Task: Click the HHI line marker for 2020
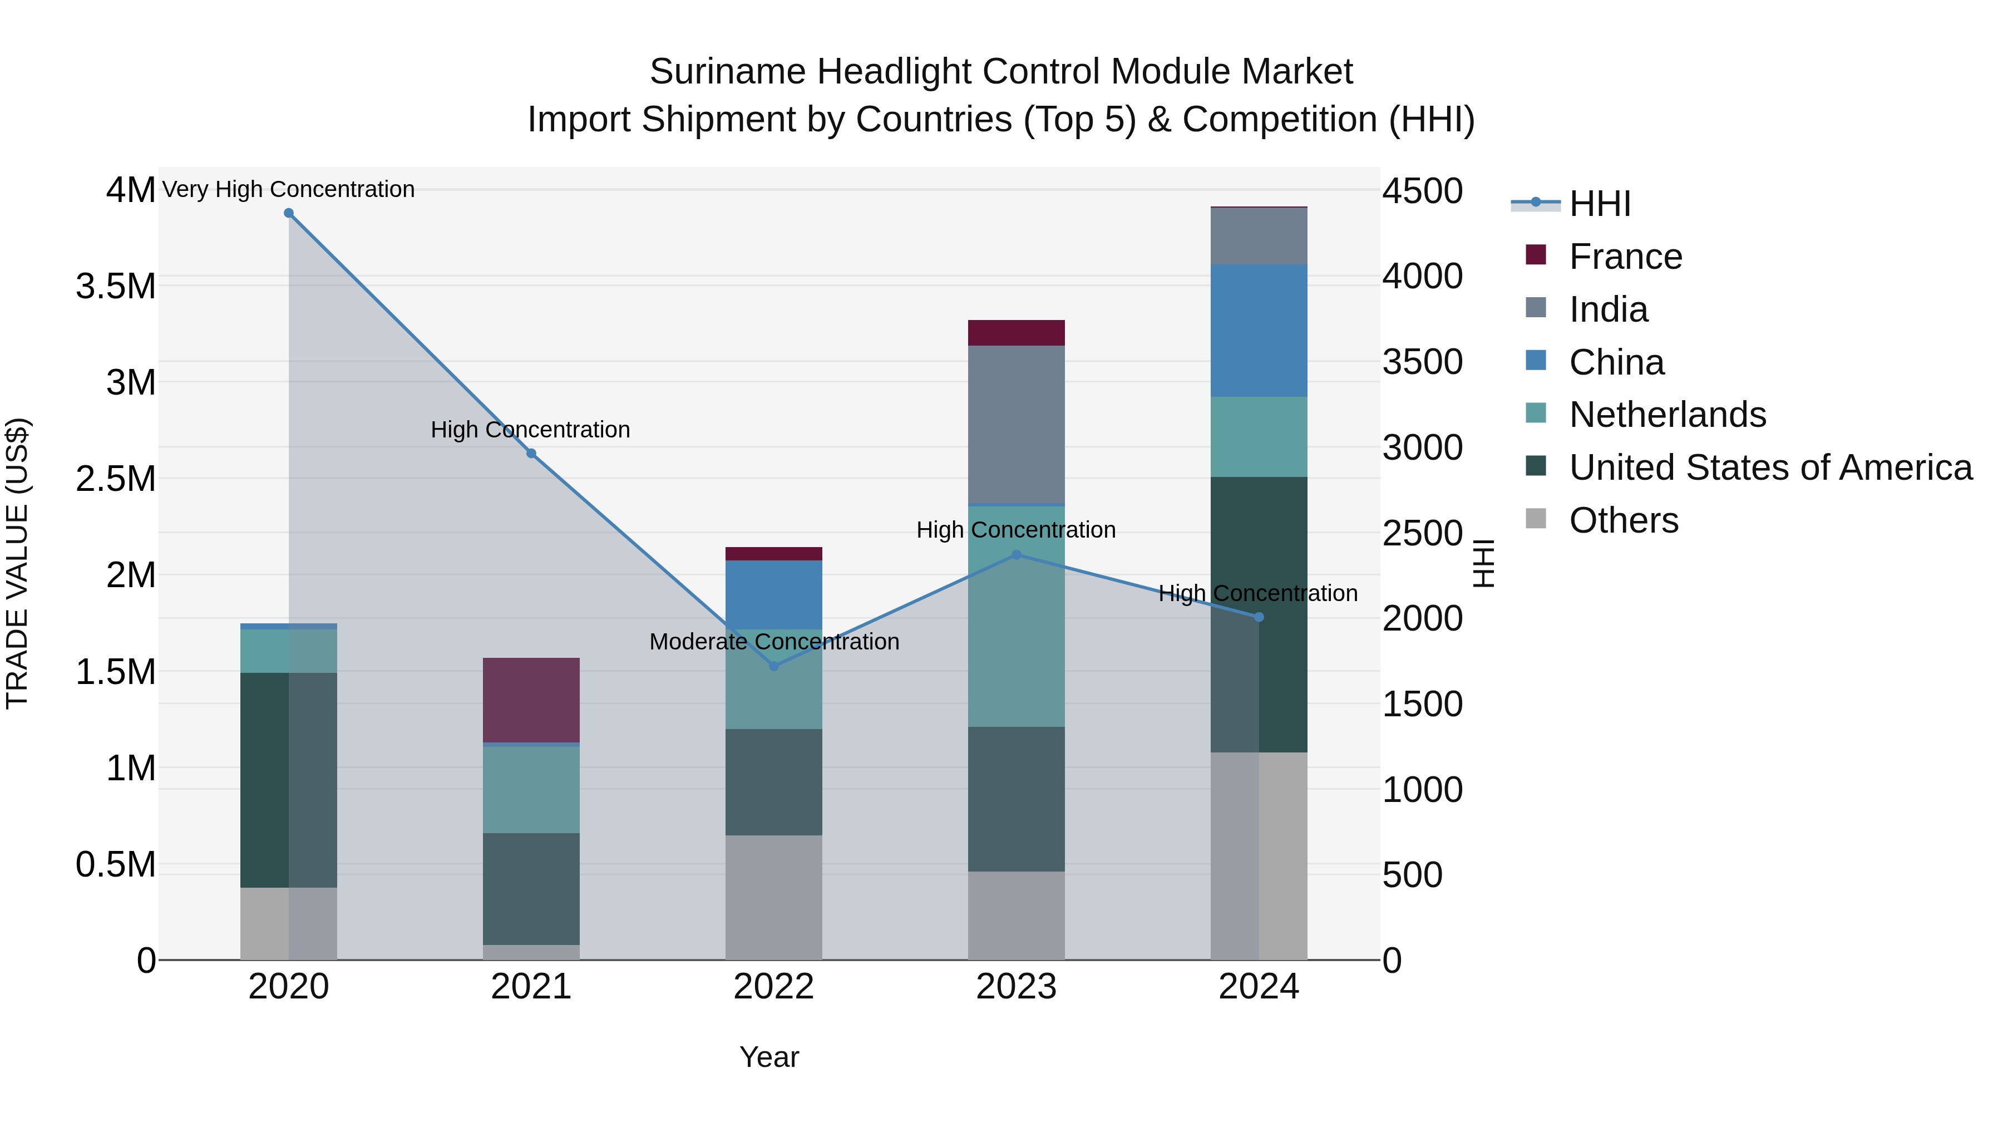click(288, 213)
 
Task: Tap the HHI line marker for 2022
click(774, 666)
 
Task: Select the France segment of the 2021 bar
click(531, 700)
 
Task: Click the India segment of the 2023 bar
click(1017, 424)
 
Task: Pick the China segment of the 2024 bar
click(1259, 331)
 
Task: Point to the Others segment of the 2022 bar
click(774, 897)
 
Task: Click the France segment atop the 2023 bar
click(1017, 332)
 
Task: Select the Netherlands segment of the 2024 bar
click(1259, 436)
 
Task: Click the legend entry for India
click(1607, 309)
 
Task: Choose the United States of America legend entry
click(1770, 467)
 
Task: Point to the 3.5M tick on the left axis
click(115, 286)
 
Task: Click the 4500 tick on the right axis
click(1422, 191)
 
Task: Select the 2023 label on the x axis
click(1017, 987)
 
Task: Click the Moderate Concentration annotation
click(774, 642)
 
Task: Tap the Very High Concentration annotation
click(288, 189)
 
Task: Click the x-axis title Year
click(769, 1057)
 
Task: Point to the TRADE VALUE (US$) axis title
click(17, 563)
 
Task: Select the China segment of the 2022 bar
click(774, 594)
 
